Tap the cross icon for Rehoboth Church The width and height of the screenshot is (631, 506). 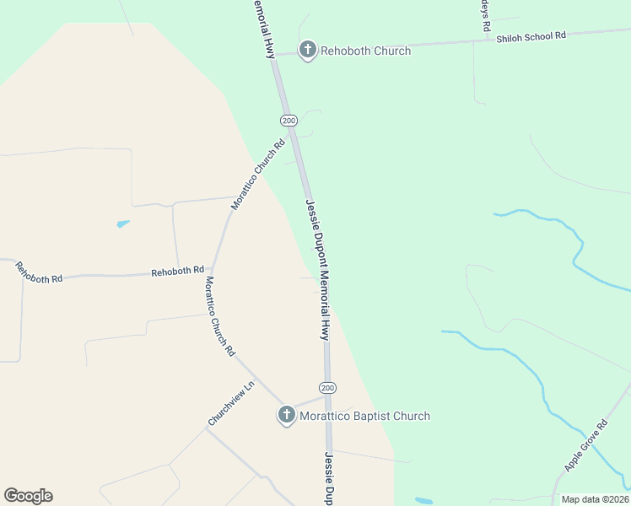click(308, 51)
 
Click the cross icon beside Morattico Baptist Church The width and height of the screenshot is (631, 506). click(287, 415)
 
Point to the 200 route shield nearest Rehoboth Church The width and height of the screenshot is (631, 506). click(289, 121)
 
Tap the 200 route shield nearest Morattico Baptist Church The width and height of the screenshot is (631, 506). click(328, 388)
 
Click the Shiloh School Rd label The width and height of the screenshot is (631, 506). click(531, 36)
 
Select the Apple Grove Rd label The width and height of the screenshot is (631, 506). click(585, 446)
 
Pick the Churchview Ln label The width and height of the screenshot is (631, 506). click(231, 404)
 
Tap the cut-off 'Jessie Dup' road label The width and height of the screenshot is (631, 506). click(328, 478)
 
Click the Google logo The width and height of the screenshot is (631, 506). click(28, 495)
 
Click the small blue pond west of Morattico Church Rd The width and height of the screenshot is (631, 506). click(123, 224)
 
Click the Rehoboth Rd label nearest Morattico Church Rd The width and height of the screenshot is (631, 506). click(177, 271)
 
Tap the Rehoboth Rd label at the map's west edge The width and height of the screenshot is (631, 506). click(39, 272)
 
